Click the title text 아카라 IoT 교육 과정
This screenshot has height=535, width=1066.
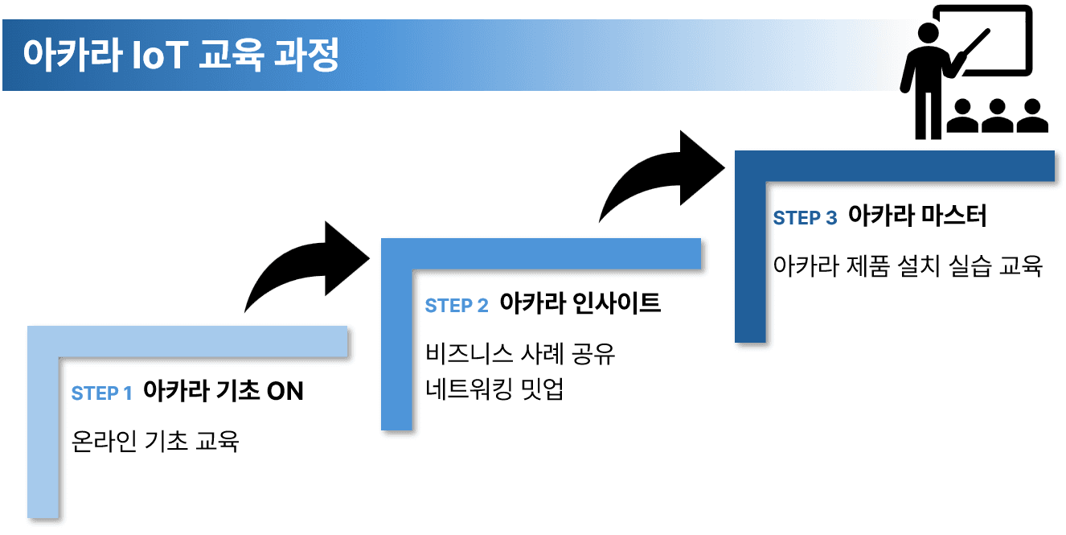click(181, 55)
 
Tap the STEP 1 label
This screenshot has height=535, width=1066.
click(101, 393)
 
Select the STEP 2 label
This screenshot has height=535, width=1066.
click(456, 306)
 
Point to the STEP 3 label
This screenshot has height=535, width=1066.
click(805, 218)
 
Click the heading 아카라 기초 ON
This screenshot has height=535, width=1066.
click(223, 392)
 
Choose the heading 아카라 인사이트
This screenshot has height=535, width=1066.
click(580, 303)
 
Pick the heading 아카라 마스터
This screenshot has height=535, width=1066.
click(917, 216)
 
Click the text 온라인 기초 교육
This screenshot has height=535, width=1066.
click(155, 441)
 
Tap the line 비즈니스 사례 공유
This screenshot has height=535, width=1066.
click(519, 353)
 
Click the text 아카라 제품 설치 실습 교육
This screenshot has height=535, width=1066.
click(908, 265)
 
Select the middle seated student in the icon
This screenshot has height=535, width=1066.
click(997, 117)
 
